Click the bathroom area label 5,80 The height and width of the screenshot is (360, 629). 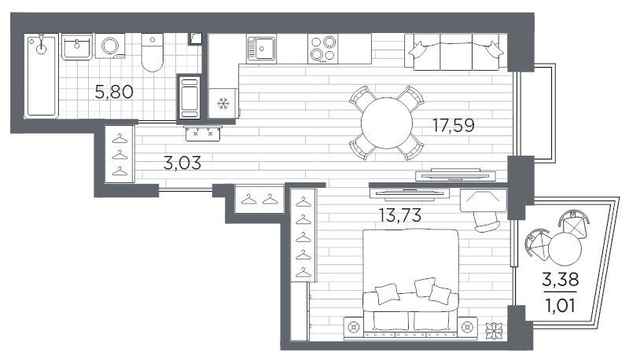point(114,92)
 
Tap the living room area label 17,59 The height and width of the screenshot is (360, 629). point(454,126)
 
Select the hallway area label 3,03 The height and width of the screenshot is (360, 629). point(182,163)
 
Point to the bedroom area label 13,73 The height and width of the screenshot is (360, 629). point(400,215)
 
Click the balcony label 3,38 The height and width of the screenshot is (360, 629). point(560,279)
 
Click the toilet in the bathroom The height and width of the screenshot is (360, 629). point(153,53)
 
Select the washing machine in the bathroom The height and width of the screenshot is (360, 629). point(110,46)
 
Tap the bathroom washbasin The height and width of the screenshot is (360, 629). point(76,47)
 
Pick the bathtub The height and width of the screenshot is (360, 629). point(42,76)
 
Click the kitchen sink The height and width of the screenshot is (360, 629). point(262,49)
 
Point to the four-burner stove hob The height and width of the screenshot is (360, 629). point(323,49)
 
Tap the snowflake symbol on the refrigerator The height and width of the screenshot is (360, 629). point(223,105)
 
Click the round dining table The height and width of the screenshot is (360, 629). point(386,123)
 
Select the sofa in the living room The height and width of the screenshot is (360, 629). point(456,52)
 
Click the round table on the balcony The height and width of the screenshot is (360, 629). point(565,249)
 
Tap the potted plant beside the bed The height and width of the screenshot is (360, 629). point(495,331)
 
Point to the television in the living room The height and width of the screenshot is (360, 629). point(455,174)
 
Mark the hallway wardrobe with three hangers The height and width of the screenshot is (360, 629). point(120,154)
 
